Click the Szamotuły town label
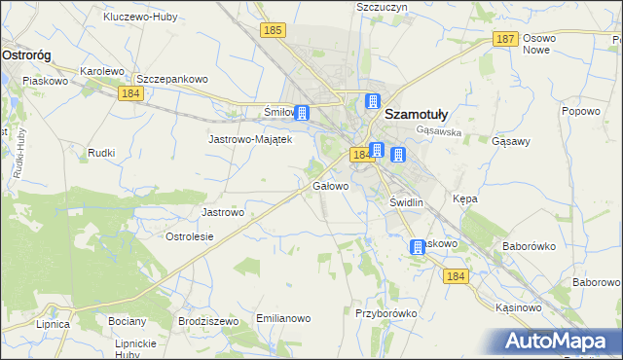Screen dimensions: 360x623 pyautogui.click(x=424, y=113)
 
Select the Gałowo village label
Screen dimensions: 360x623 pyautogui.click(x=330, y=185)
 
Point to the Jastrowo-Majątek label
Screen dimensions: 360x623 pyautogui.click(x=250, y=139)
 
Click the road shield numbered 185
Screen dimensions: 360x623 pyautogui.click(x=273, y=32)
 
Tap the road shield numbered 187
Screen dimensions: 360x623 pyautogui.click(x=504, y=39)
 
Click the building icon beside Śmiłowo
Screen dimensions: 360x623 pyautogui.click(x=302, y=113)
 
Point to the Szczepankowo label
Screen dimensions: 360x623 pyautogui.click(x=172, y=79)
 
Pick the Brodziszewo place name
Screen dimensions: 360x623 pyautogui.click(x=208, y=320)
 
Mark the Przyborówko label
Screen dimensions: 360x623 pyautogui.click(x=386, y=313)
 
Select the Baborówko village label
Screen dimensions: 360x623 pyautogui.click(x=529, y=247)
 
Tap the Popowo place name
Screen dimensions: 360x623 pyautogui.click(x=581, y=111)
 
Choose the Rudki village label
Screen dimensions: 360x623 pyautogui.click(x=101, y=153)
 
